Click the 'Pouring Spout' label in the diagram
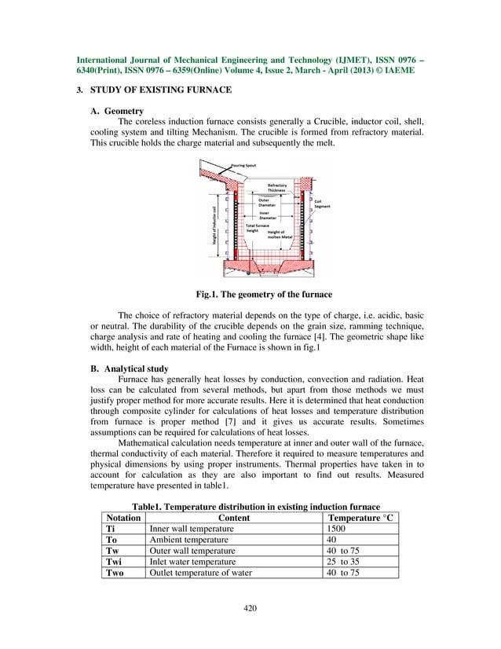pyautogui.click(x=246, y=167)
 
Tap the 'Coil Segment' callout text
pyautogui.click(x=322, y=203)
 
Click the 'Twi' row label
pyautogui.click(x=115, y=562)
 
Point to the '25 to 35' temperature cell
pyautogui.click(x=346, y=562)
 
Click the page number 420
pyautogui.click(x=251, y=607)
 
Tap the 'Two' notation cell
pyautogui.click(x=115, y=573)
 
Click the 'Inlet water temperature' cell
pyautogui.click(x=192, y=562)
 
